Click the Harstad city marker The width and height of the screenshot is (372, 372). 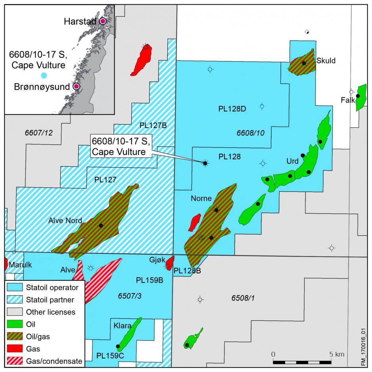103,21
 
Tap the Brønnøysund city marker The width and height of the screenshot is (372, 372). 76,86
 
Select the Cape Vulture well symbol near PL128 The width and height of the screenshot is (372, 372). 205,163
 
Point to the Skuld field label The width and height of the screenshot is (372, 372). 326,61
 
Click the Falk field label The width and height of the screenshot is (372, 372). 347,100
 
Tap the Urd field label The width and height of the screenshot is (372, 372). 292,161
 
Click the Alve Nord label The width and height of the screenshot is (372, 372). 65,221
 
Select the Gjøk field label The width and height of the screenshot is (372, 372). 157,259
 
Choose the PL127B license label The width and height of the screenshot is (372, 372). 153,125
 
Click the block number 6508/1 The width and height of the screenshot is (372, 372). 242,297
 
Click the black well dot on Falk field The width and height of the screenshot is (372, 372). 358,96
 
